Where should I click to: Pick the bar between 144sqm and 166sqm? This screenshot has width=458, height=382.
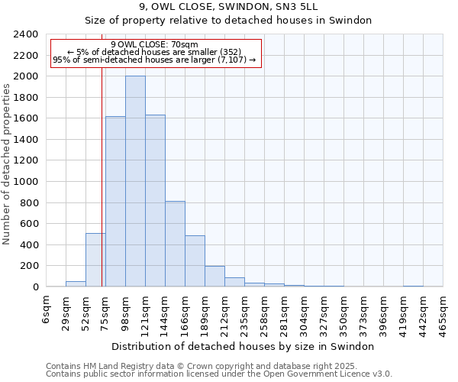[175, 244]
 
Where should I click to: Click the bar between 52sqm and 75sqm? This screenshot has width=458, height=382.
[95, 260]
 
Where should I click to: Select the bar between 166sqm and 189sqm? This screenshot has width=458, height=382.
[195, 261]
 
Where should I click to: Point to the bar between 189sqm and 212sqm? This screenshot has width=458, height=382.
[214, 276]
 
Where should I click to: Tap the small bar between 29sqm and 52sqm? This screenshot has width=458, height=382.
[76, 283]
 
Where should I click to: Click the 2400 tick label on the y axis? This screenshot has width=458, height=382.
[26, 34]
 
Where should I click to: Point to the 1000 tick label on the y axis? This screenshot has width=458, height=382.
[26, 182]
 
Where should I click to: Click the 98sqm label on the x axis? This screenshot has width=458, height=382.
[125, 312]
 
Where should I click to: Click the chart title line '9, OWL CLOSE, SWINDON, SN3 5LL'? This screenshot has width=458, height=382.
[228, 7]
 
